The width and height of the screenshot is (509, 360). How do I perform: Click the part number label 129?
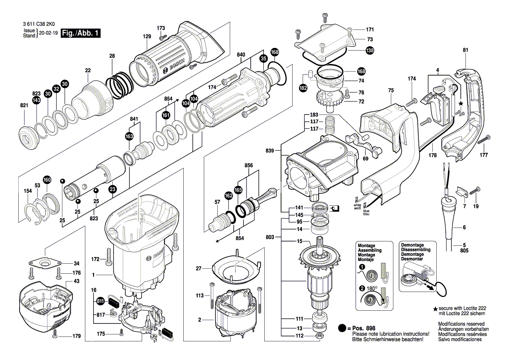coord(147,38)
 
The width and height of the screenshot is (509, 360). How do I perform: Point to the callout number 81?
coord(465,50)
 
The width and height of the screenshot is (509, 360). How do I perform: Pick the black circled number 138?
coord(370,51)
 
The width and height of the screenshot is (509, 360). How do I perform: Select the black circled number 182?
coord(303,88)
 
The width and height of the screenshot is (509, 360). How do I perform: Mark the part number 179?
coord(77,336)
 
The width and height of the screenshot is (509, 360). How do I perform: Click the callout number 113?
coord(199,295)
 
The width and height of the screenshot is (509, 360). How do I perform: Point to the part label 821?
coord(24,106)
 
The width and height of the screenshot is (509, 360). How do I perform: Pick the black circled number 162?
coord(229,197)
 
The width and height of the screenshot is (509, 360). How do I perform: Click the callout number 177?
coord(483,155)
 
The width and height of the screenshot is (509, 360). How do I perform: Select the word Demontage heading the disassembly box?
coord(412,245)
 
